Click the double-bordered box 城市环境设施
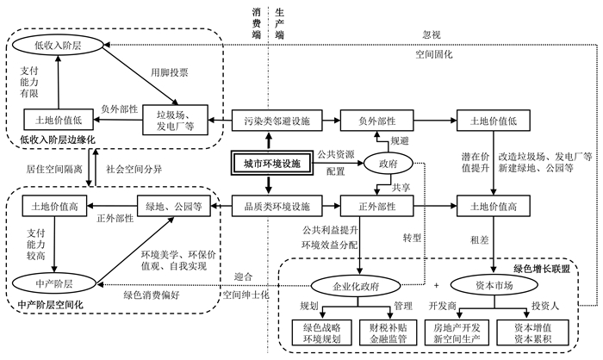click(x=271, y=164)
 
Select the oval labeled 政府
click(x=388, y=164)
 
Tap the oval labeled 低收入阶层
click(x=58, y=46)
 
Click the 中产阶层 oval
click(x=54, y=284)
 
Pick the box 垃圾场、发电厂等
click(x=176, y=121)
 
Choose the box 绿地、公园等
click(x=174, y=207)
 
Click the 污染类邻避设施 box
click(x=277, y=121)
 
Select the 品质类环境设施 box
click(x=277, y=207)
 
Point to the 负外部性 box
click(x=377, y=121)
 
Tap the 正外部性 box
click(x=377, y=207)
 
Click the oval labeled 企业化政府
click(x=356, y=285)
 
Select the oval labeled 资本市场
click(x=494, y=285)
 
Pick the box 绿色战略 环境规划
click(x=322, y=333)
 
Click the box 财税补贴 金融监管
click(x=388, y=333)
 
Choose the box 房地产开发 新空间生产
click(x=457, y=333)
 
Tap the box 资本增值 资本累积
click(x=532, y=333)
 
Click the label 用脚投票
click(x=169, y=72)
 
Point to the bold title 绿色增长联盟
click(x=542, y=269)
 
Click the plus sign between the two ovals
click(x=436, y=285)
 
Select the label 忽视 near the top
click(x=432, y=34)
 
